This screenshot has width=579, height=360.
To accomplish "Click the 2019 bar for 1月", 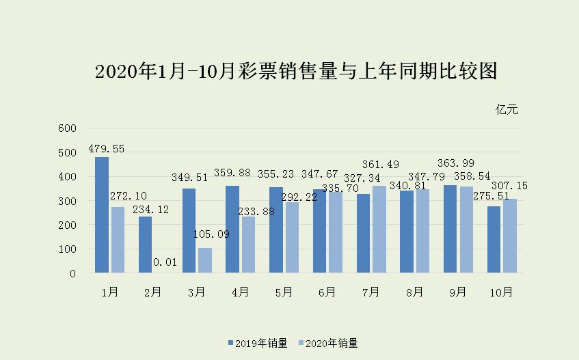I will (x=102, y=215).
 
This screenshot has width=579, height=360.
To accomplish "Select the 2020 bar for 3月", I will (x=205, y=260).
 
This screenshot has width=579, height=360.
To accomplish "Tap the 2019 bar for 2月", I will (x=146, y=245).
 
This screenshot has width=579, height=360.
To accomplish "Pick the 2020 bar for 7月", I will (x=379, y=230).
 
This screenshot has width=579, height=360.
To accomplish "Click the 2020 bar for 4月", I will (x=249, y=245).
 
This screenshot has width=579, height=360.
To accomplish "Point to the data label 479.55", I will (x=106, y=149).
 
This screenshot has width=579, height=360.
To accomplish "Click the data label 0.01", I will (x=163, y=262).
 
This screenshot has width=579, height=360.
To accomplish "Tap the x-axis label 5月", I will (x=284, y=292).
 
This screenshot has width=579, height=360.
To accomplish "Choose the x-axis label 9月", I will (x=458, y=292).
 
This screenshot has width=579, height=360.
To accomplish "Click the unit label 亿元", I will (x=507, y=109).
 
